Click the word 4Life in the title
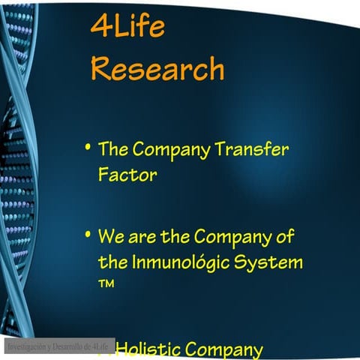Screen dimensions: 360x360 [127, 27]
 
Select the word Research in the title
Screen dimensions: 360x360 [157, 69]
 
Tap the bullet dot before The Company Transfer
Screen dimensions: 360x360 [88, 145]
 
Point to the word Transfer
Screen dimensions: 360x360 [251, 148]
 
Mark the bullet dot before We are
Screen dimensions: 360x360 [88, 235]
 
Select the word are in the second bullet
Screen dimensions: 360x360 [142, 238]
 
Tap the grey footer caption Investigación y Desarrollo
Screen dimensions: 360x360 [58, 347]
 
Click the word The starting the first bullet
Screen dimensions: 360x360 [115, 148]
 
